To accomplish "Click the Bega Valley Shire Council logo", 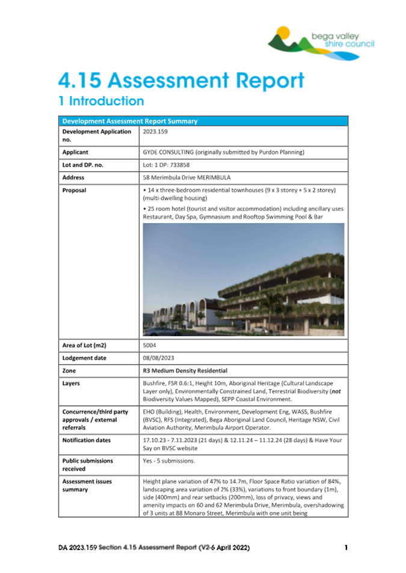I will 321,42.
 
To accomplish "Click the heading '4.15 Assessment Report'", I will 180,80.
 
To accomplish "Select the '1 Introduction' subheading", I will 101,101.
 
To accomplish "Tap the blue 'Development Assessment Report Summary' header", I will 130,121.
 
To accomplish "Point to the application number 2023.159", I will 155,130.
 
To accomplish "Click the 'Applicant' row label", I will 76,152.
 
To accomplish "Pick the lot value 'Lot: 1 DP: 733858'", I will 171,165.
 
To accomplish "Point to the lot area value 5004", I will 150,346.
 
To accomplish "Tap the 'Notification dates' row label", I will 87,440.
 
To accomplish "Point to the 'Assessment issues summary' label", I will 87,485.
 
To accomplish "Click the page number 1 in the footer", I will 346,548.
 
